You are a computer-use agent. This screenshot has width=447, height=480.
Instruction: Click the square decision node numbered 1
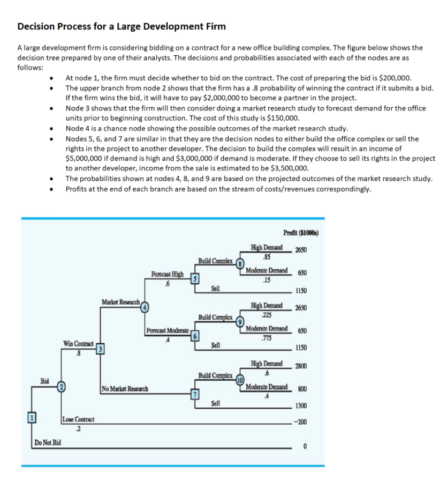pos(32,417)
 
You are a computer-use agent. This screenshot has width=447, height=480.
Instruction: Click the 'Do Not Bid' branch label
pos(47,442)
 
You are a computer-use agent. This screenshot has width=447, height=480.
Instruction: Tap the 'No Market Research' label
pos(125,388)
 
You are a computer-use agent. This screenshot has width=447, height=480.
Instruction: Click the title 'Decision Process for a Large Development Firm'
pos(122,26)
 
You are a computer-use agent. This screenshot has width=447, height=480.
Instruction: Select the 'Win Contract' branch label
pos(78,343)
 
